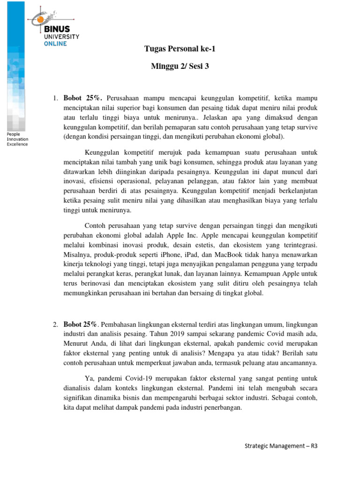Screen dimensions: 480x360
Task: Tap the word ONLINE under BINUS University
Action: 56,44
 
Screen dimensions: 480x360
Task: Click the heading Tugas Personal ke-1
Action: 180,49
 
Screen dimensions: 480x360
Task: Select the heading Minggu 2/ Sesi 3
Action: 180,66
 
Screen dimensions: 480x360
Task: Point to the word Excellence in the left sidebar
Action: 17,144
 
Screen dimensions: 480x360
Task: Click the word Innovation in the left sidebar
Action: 17,139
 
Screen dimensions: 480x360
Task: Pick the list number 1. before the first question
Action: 55,98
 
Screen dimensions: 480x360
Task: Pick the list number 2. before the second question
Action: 55,324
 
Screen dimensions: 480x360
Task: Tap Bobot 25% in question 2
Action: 80,324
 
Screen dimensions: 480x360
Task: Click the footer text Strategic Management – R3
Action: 281,446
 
